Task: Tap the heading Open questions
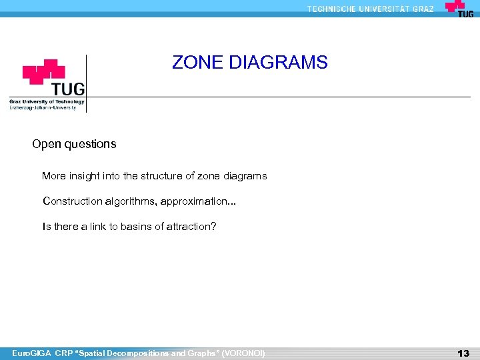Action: pyautogui.click(x=74, y=144)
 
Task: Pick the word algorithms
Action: pyautogui.click(x=129, y=201)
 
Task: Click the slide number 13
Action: pyautogui.click(x=463, y=353)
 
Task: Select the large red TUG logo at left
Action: pyautogui.click(x=53, y=79)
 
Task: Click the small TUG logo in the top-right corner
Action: pyautogui.click(x=459, y=9)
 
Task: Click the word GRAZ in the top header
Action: pyautogui.click(x=423, y=9)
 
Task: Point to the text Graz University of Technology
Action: pyautogui.click(x=47, y=102)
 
